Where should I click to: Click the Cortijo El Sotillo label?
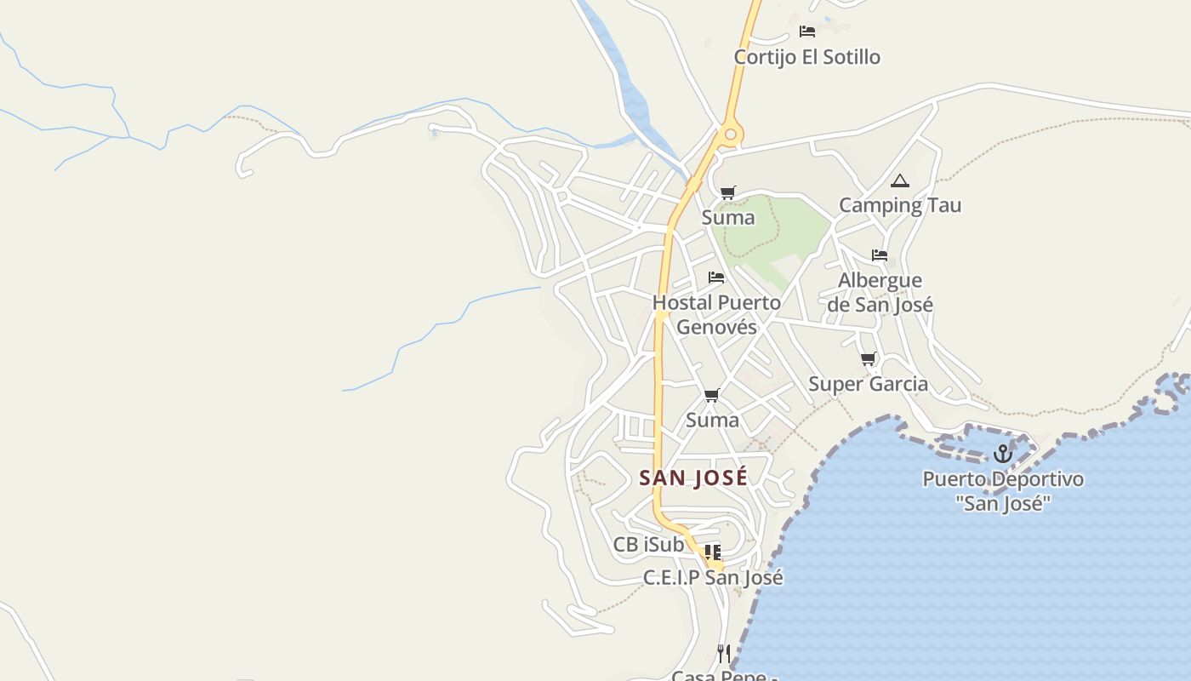(x=806, y=57)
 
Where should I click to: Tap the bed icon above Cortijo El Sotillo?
(x=807, y=31)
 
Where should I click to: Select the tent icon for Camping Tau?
(x=899, y=180)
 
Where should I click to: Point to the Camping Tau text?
(x=900, y=205)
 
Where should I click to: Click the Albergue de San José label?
(x=880, y=292)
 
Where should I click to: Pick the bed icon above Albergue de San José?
(x=880, y=255)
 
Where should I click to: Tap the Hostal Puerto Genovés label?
(x=716, y=314)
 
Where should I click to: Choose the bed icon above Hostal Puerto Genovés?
(x=716, y=278)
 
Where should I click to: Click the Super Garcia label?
(x=868, y=384)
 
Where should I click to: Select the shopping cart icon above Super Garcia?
(x=868, y=359)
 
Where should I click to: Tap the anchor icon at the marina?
(x=1002, y=454)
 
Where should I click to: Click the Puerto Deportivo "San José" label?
(x=1003, y=491)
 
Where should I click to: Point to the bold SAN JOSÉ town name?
(x=693, y=478)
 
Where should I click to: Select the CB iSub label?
(x=648, y=544)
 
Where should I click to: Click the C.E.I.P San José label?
(x=713, y=577)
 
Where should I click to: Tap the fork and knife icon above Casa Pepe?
(x=723, y=653)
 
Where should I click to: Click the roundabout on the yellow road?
(x=729, y=134)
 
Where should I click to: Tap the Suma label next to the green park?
(x=727, y=218)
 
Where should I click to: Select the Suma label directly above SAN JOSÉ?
(x=712, y=420)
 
